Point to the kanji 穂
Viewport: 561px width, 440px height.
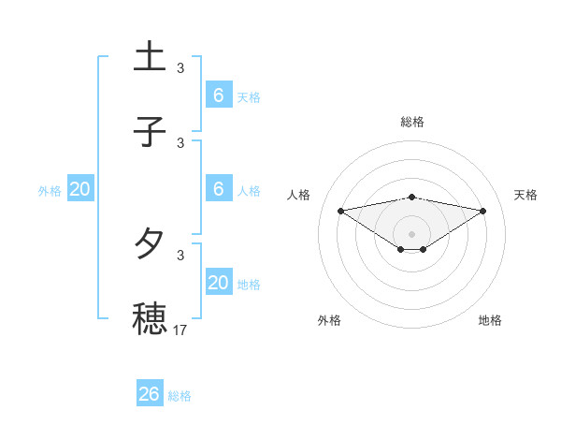(150, 317)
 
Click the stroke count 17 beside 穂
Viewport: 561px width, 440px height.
(180, 330)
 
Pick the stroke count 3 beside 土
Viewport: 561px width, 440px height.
(180, 68)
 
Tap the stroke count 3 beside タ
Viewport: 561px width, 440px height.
(180, 255)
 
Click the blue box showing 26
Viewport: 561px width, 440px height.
(150, 394)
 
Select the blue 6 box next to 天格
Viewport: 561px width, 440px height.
(219, 95)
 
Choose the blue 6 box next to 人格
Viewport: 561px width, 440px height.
(219, 188)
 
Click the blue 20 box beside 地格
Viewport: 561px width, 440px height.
(219, 282)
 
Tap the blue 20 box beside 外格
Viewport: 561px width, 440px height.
(80, 189)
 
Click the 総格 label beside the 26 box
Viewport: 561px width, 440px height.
(180, 396)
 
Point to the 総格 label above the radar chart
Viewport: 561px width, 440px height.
(412, 122)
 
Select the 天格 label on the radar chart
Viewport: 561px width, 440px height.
(526, 195)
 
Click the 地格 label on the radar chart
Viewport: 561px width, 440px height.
(490, 320)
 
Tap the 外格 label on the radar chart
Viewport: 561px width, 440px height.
(329, 320)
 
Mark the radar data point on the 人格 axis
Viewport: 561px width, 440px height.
(341, 210)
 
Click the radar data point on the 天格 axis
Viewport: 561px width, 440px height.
(483, 211)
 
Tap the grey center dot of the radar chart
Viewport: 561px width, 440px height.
(412, 233)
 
